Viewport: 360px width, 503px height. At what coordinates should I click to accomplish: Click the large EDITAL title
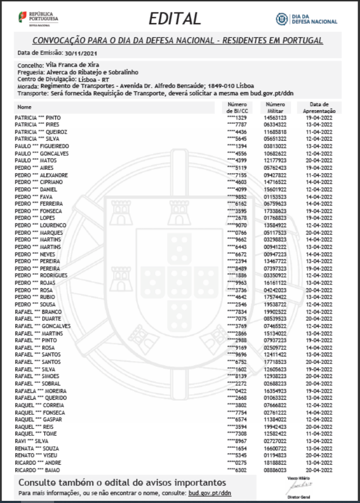click(175, 19)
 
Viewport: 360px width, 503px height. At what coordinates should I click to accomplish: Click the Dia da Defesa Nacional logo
click(306, 19)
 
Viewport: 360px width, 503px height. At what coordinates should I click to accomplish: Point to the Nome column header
click(25, 107)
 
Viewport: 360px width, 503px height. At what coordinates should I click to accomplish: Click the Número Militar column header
click(276, 107)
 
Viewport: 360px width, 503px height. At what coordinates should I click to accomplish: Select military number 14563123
click(275, 117)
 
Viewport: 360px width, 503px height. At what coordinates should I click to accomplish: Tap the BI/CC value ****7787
click(237, 124)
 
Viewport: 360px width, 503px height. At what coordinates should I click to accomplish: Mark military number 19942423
click(275, 426)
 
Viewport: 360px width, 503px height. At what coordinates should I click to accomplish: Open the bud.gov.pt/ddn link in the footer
click(210, 493)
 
